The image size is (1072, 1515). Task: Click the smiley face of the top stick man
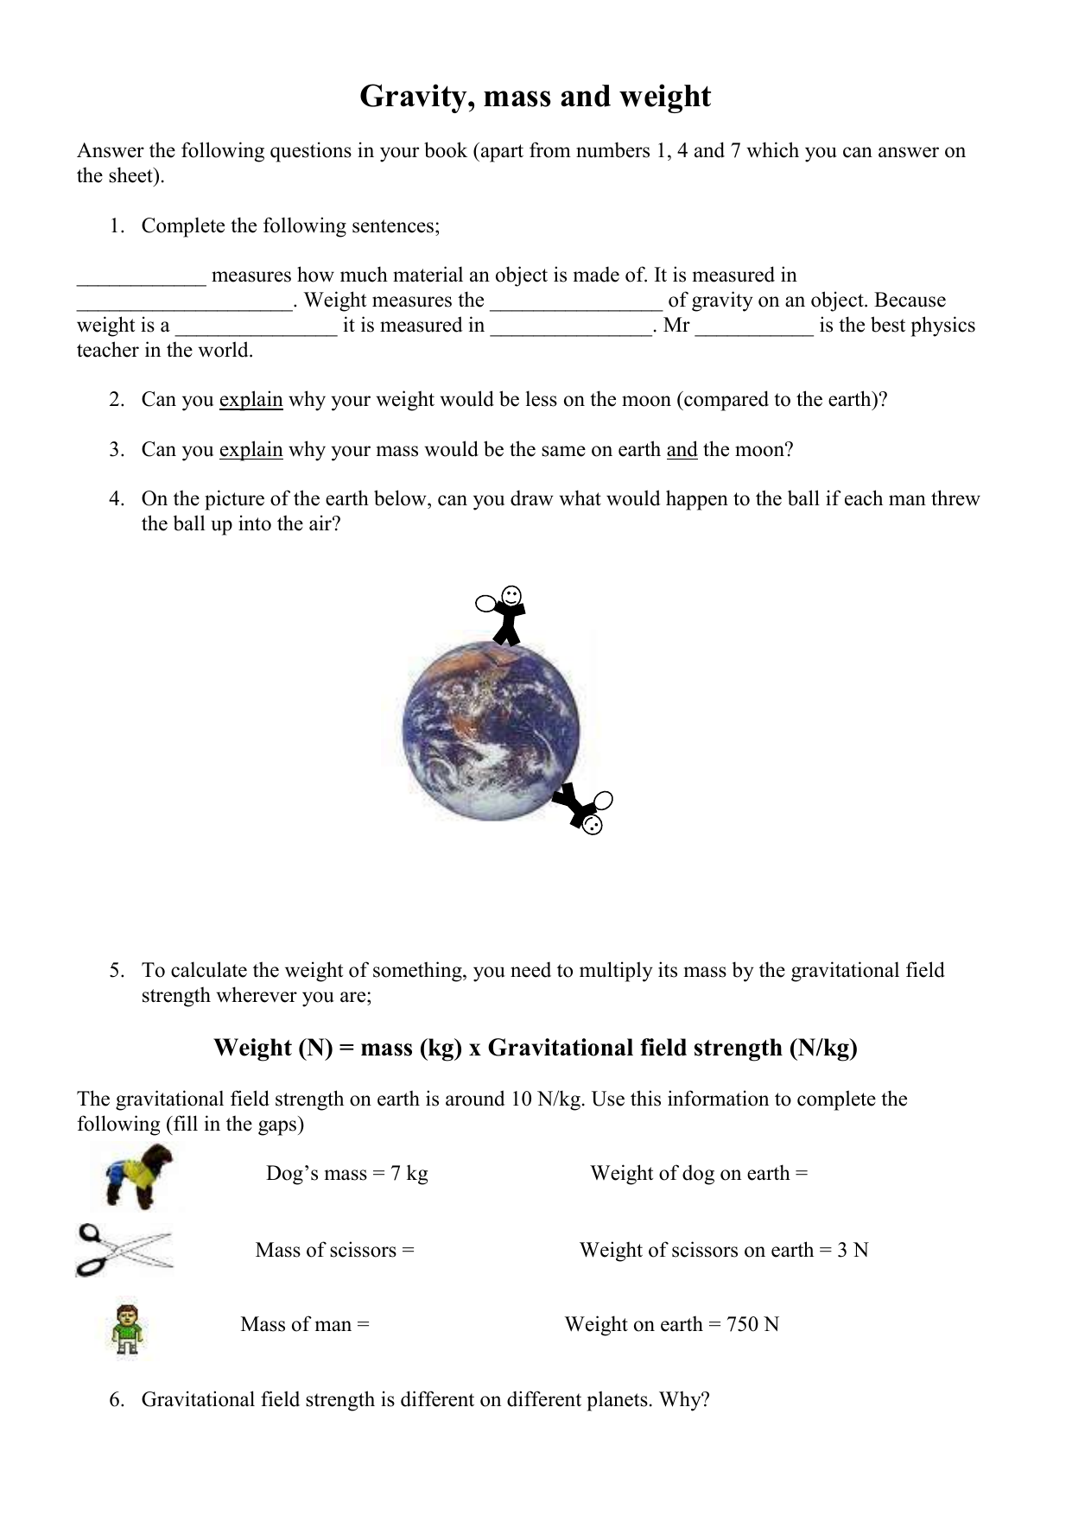tap(511, 595)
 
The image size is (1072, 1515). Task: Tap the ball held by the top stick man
tap(485, 602)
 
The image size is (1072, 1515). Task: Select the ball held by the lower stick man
tap(604, 800)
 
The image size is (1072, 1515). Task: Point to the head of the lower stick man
tap(592, 825)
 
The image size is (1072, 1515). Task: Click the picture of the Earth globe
tap(492, 732)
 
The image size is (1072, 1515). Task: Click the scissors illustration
tap(124, 1250)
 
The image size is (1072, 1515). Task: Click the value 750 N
tap(752, 1324)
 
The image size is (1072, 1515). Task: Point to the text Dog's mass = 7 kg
tap(346, 1173)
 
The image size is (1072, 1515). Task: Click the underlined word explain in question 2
tap(251, 400)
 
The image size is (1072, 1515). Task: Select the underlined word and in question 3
tap(682, 450)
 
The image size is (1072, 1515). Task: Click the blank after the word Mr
tap(753, 326)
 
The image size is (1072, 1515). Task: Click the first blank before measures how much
tap(142, 276)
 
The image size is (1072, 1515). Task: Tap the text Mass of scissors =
tap(334, 1250)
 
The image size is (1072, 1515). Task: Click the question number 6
tap(117, 1399)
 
